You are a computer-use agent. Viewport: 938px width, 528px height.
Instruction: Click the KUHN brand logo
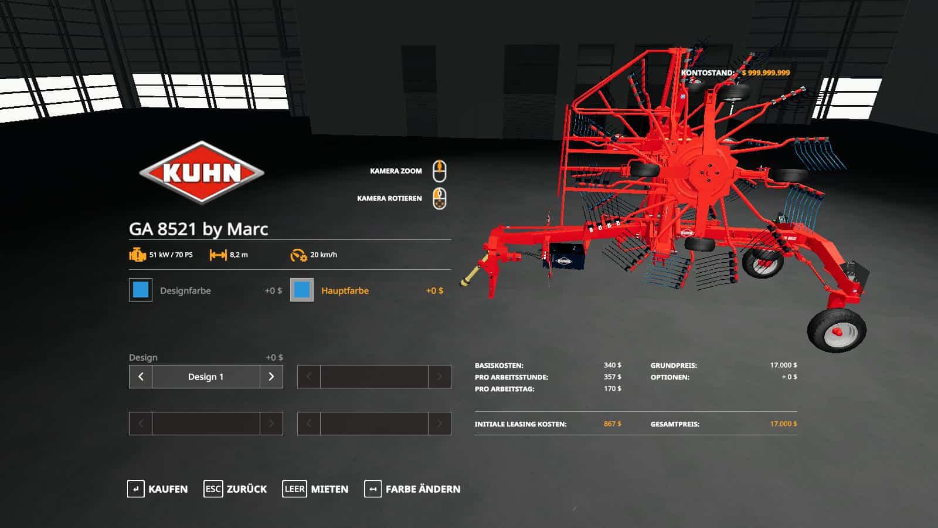[x=202, y=172]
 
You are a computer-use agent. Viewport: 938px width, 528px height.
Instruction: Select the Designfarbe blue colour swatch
[x=141, y=290]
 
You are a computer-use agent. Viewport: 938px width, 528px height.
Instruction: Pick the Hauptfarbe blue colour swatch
[x=302, y=290]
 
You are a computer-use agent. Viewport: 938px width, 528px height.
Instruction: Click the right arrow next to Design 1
[x=271, y=377]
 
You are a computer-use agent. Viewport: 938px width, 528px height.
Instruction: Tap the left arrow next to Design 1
[x=141, y=377]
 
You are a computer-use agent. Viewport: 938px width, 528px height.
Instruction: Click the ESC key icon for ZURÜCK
[x=213, y=489]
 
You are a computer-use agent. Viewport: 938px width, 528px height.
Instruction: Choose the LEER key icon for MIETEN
[x=294, y=489]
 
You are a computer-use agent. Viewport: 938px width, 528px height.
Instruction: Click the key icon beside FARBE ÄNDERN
[x=373, y=489]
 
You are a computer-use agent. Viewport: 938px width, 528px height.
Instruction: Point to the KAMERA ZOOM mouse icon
[x=439, y=171]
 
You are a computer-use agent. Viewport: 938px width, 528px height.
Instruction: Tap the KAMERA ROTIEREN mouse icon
[x=439, y=198]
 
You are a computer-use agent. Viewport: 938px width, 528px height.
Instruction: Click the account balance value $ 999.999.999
[x=766, y=73]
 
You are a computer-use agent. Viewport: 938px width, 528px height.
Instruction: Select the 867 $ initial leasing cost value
[x=612, y=424]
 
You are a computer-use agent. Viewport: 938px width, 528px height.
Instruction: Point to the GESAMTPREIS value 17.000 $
[x=783, y=424]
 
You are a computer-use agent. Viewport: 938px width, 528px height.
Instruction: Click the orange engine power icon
[x=137, y=255]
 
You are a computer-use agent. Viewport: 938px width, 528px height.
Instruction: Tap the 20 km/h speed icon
[x=298, y=255]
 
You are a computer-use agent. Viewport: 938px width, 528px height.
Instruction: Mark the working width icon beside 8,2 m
[x=218, y=255]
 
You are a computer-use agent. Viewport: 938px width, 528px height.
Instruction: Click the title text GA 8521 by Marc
[x=198, y=229]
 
